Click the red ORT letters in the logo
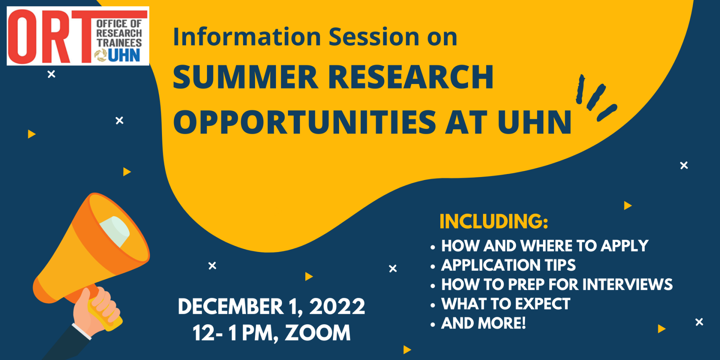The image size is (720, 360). click(x=49, y=37)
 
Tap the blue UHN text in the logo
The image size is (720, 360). click(x=124, y=55)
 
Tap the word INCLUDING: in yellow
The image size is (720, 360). click(x=493, y=221)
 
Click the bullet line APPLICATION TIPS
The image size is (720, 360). click(x=508, y=265)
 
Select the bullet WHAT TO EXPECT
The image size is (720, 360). click(x=505, y=304)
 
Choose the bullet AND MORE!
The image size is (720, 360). click(x=483, y=323)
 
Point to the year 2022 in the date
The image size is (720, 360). click(x=337, y=307)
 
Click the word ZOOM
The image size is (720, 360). click(x=318, y=333)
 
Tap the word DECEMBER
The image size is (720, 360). click(x=230, y=307)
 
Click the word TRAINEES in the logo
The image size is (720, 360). click(x=119, y=43)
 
